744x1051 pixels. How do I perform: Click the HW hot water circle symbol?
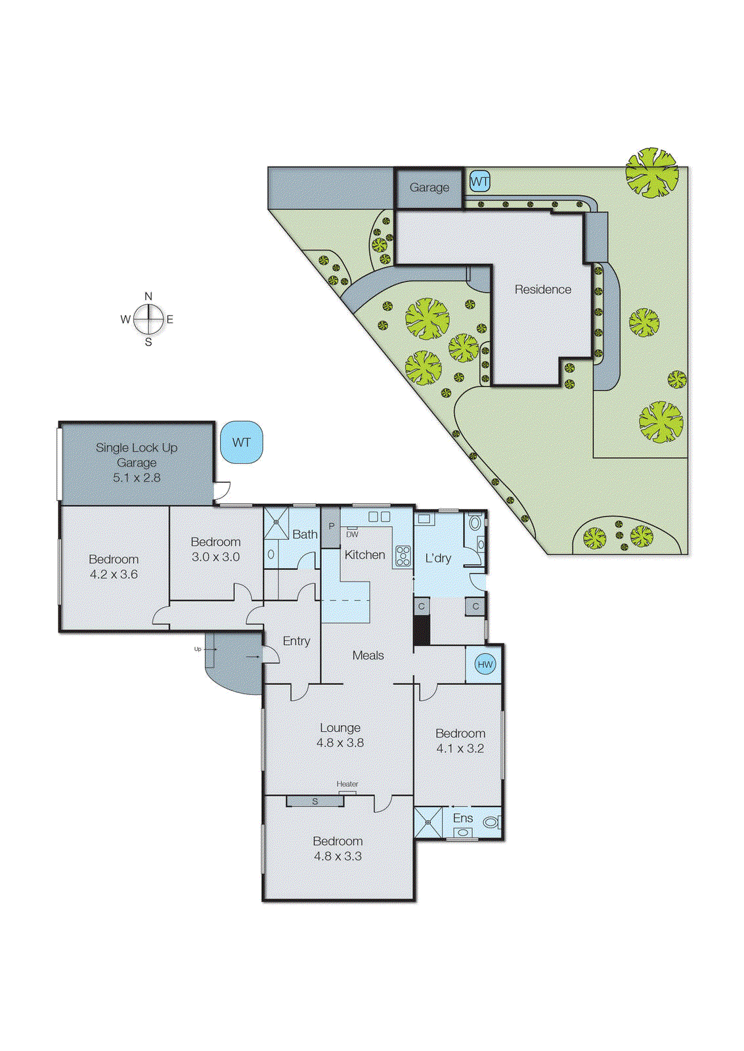coord(485,664)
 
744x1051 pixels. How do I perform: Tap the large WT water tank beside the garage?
coord(242,442)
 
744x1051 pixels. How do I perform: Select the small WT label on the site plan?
coord(479,181)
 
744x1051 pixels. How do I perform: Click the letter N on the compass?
coord(148,296)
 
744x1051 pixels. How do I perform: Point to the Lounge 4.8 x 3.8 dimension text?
coord(340,743)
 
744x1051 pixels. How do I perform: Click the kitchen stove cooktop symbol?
coord(403,556)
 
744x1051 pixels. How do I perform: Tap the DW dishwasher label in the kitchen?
coord(352,534)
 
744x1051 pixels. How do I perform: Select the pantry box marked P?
coord(331,527)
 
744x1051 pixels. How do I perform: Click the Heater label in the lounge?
coord(347,784)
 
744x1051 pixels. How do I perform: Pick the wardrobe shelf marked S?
coord(315,801)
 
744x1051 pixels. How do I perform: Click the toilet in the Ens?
coord(491,822)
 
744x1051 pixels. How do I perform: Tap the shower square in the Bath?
coord(276,523)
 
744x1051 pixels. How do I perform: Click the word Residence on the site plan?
coord(542,290)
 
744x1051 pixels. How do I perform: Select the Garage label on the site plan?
coord(429,188)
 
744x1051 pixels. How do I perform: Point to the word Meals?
coord(368,656)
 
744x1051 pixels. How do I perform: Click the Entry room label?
coord(296,641)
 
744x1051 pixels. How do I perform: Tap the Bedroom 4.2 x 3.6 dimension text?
coord(114,574)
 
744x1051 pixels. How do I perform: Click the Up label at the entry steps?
coord(198,649)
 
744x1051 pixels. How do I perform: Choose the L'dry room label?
coord(438,558)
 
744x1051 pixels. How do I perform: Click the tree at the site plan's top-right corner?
coord(651,172)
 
